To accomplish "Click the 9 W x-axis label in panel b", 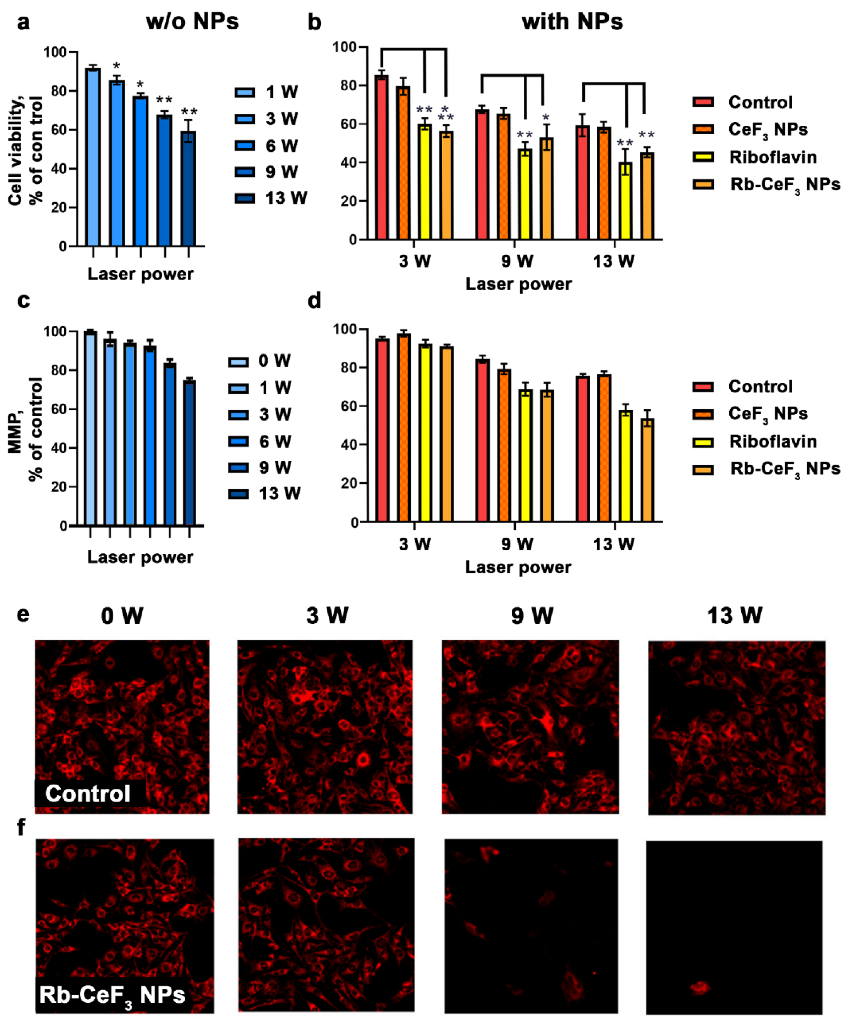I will [517, 261].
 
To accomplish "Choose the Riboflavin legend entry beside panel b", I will [773, 157].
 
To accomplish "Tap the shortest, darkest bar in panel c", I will [189, 453].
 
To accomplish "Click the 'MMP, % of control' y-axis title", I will [25, 428].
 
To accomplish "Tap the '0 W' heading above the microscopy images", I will [122, 616].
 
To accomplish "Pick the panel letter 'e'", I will [23, 614].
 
